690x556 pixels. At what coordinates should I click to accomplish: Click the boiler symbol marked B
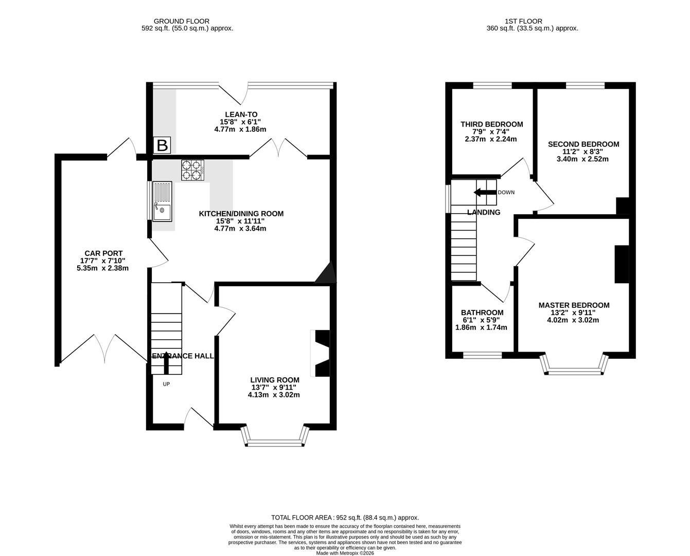click(162, 146)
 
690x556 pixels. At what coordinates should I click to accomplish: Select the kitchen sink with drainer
click(162, 201)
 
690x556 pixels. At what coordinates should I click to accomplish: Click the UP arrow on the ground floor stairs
click(166, 363)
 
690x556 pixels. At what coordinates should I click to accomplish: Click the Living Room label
click(275, 380)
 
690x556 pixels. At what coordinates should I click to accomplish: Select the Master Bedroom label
click(574, 305)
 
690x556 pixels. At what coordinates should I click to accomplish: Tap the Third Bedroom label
click(491, 124)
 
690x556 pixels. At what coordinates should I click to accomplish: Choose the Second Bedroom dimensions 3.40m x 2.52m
click(582, 159)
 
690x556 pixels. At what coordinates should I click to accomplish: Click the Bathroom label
click(482, 312)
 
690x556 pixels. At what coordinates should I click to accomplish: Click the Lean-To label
click(241, 114)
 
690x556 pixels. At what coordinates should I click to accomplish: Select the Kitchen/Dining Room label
click(241, 214)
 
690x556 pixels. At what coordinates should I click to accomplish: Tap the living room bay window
click(275, 442)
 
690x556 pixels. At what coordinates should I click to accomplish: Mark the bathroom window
click(482, 355)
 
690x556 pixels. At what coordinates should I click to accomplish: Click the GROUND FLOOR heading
click(175, 21)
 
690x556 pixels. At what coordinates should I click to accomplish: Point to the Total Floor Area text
click(345, 517)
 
